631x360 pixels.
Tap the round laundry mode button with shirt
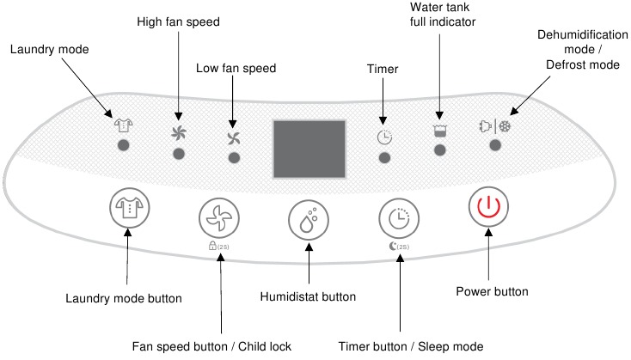[130, 208]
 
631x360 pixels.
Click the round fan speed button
[219, 217]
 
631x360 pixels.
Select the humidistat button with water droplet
[309, 220]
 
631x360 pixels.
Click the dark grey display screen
[309, 149]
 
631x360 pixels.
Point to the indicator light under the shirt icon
[124, 145]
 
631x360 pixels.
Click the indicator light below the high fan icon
[179, 154]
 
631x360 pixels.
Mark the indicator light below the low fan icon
[234, 158]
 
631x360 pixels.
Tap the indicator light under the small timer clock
[384, 158]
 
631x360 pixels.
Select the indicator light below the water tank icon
[440, 150]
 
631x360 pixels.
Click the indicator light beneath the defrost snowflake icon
[495, 145]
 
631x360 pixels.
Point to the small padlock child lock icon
[212, 246]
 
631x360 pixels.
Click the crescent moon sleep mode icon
[393, 246]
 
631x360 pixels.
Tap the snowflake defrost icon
[505, 126]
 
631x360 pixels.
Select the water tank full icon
[440, 131]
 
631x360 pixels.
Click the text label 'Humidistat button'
[308, 296]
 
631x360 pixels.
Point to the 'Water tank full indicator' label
[443, 15]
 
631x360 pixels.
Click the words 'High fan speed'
[178, 21]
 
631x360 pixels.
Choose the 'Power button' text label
[493, 291]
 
